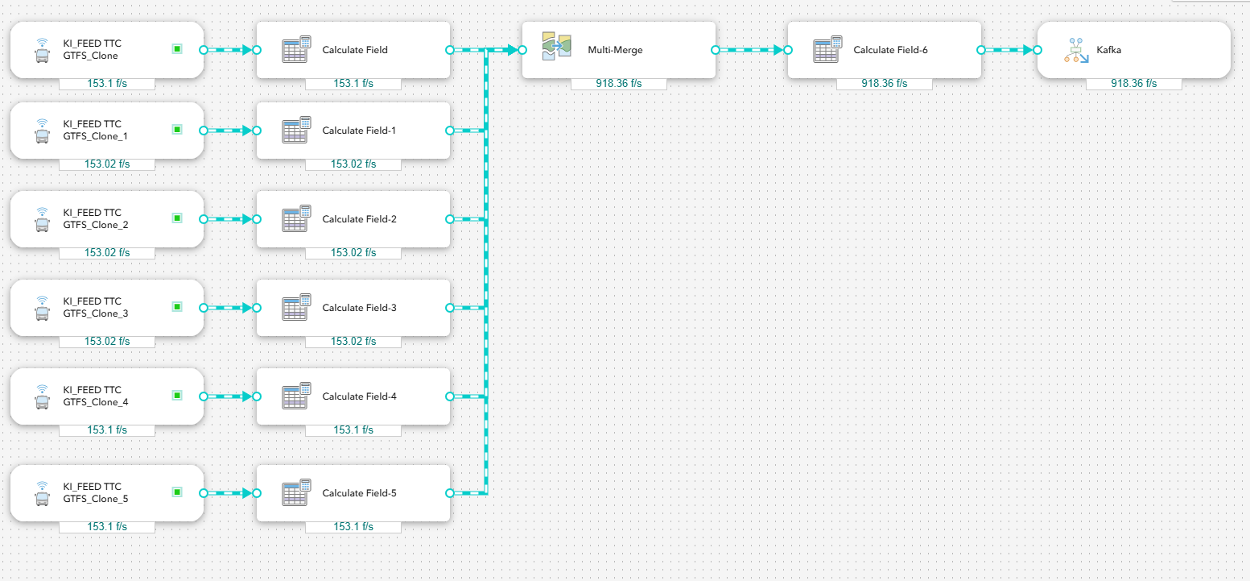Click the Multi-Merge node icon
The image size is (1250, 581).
557,47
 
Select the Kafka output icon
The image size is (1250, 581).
1076,50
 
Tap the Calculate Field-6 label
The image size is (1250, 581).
890,50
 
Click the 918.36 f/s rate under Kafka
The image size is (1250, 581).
1133,83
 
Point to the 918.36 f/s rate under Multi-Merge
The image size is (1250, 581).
618,83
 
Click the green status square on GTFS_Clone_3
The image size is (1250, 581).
177,307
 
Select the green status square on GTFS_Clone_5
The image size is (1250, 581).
177,492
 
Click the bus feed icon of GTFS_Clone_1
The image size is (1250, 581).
42,131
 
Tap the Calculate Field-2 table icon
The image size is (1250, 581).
296,218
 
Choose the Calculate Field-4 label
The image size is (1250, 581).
359,396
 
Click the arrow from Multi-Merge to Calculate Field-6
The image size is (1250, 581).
752,50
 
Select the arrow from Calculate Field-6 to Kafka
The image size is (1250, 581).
1009,50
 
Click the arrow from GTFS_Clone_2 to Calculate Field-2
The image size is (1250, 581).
230,219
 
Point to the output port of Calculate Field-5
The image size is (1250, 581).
450,492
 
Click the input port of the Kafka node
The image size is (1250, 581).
1038,50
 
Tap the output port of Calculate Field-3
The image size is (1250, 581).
450,308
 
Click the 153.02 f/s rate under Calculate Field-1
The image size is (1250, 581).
353,164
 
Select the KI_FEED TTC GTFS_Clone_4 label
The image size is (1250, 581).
96,396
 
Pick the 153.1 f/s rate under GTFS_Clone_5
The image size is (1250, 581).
106,526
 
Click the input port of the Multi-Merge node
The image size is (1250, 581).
522,50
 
